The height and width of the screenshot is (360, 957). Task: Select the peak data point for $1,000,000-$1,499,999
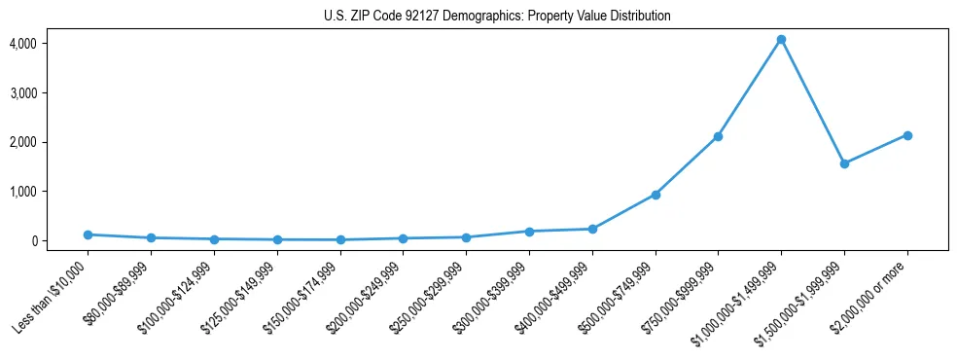pyautogui.click(x=781, y=40)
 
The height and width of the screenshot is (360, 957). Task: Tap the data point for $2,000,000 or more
pyautogui.click(x=907, y=135)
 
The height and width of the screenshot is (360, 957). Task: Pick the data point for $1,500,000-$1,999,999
pyautogui.click(x=844, y=163)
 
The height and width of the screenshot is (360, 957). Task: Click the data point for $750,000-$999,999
pyautogui.click(x=718, y=136)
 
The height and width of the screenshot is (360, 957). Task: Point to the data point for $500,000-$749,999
pyautogui.click(x=656, y=195)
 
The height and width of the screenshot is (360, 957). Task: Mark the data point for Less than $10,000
pyautogui.click(x=88, y=234)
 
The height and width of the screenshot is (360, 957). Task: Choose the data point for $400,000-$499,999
pyautogui.click(x=592, y=229)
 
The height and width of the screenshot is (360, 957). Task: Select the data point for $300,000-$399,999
pyautogui.click(x=529, y=232)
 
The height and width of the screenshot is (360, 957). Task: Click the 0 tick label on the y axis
pyautogui.click(x=33, y=240)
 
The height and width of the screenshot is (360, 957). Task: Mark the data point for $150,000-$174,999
pyautogui.click(x=340, y=239)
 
